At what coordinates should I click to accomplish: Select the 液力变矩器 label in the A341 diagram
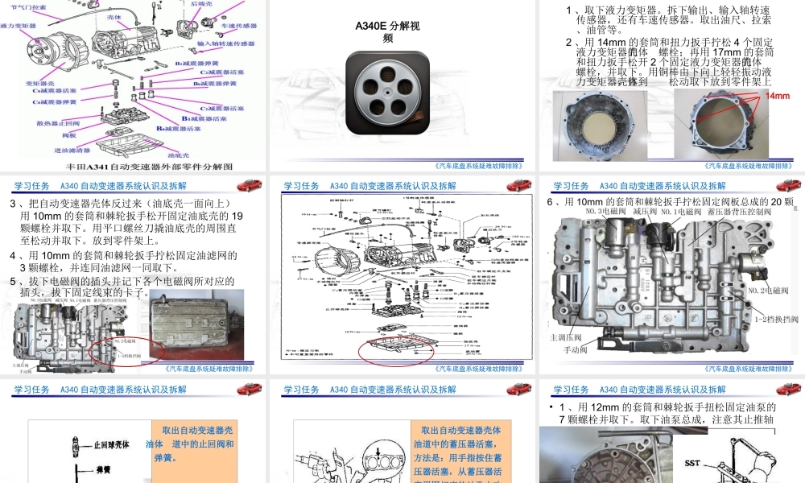[x=18, y=26]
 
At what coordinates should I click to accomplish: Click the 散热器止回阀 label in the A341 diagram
[x=47, y=123]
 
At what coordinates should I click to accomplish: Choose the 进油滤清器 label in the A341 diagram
[x=70, y=150]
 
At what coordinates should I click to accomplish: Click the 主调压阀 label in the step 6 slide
[x=565, y=336]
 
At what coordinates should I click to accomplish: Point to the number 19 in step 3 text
[x=237, y=216]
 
